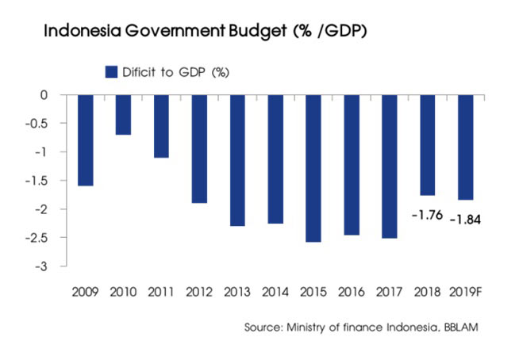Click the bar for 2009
point(86,140)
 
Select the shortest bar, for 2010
point(123,115)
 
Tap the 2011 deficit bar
point(161,126)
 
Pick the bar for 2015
point(313,168)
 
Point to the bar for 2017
point(389,167)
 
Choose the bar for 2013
point(237,160)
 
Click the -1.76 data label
point(427,216)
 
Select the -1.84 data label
point(465,220)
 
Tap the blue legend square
point(111,72)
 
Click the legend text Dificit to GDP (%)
point(175,72)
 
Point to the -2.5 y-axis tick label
point(37,238)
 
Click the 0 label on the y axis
point(44,95)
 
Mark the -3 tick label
point(41,266)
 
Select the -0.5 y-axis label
point(37,124)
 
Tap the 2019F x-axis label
point(465,292)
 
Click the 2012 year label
point(199,292)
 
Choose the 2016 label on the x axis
point(352,292)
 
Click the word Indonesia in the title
point(83,31)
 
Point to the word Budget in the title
point(257,32)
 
